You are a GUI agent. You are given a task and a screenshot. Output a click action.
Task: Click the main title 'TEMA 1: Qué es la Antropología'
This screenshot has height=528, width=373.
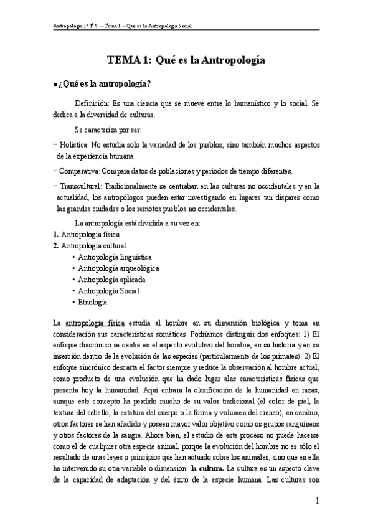(x=187, y=60)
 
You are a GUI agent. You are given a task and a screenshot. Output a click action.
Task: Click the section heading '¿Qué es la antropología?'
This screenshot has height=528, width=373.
(x=115, y=84)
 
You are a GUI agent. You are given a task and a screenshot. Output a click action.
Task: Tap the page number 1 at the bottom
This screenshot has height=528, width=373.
(x=318, y=501)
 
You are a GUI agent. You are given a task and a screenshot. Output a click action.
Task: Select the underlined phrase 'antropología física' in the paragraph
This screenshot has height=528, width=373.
(x=95, y=323)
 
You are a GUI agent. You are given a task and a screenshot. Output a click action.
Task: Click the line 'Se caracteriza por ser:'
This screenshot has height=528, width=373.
(x=108, y=130)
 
